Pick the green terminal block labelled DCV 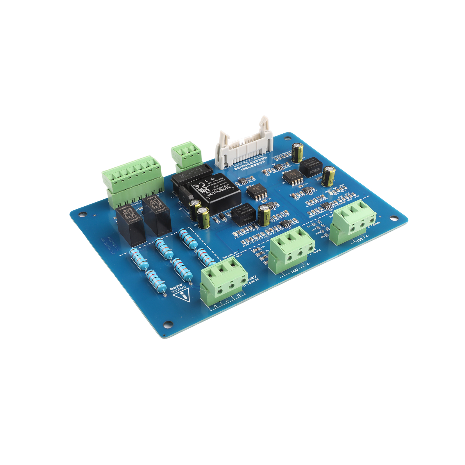(292, 250)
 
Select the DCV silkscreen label (294, 271)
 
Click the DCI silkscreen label (360, 239)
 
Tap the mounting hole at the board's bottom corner (168, 323)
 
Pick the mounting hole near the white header (288, 138)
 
